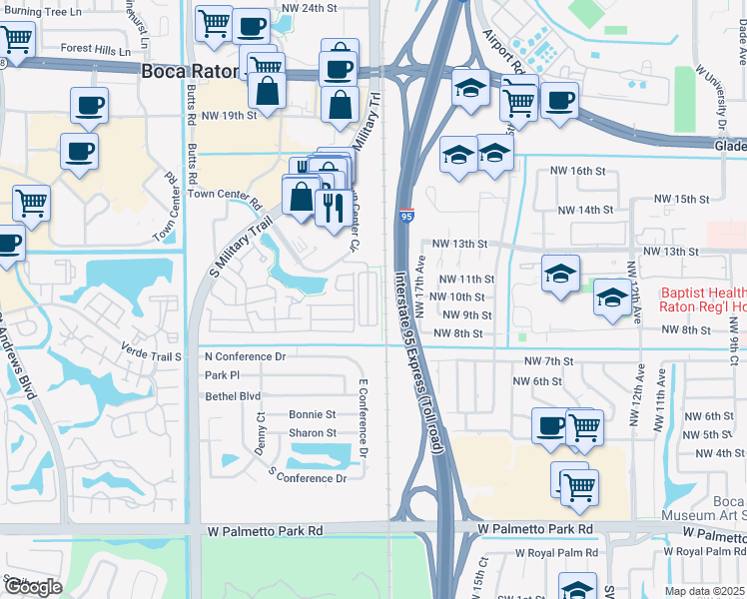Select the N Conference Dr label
(x=245, y=356)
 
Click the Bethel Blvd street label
(x=232, y=395)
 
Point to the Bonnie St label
(x=312, y=413)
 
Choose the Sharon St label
(x=312, y=433)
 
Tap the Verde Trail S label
(x=149, y=355)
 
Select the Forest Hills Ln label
(x=96, y=48)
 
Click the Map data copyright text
(x=705, y=591)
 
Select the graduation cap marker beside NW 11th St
(x=560, y=274)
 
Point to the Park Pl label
(x=222, y=375)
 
